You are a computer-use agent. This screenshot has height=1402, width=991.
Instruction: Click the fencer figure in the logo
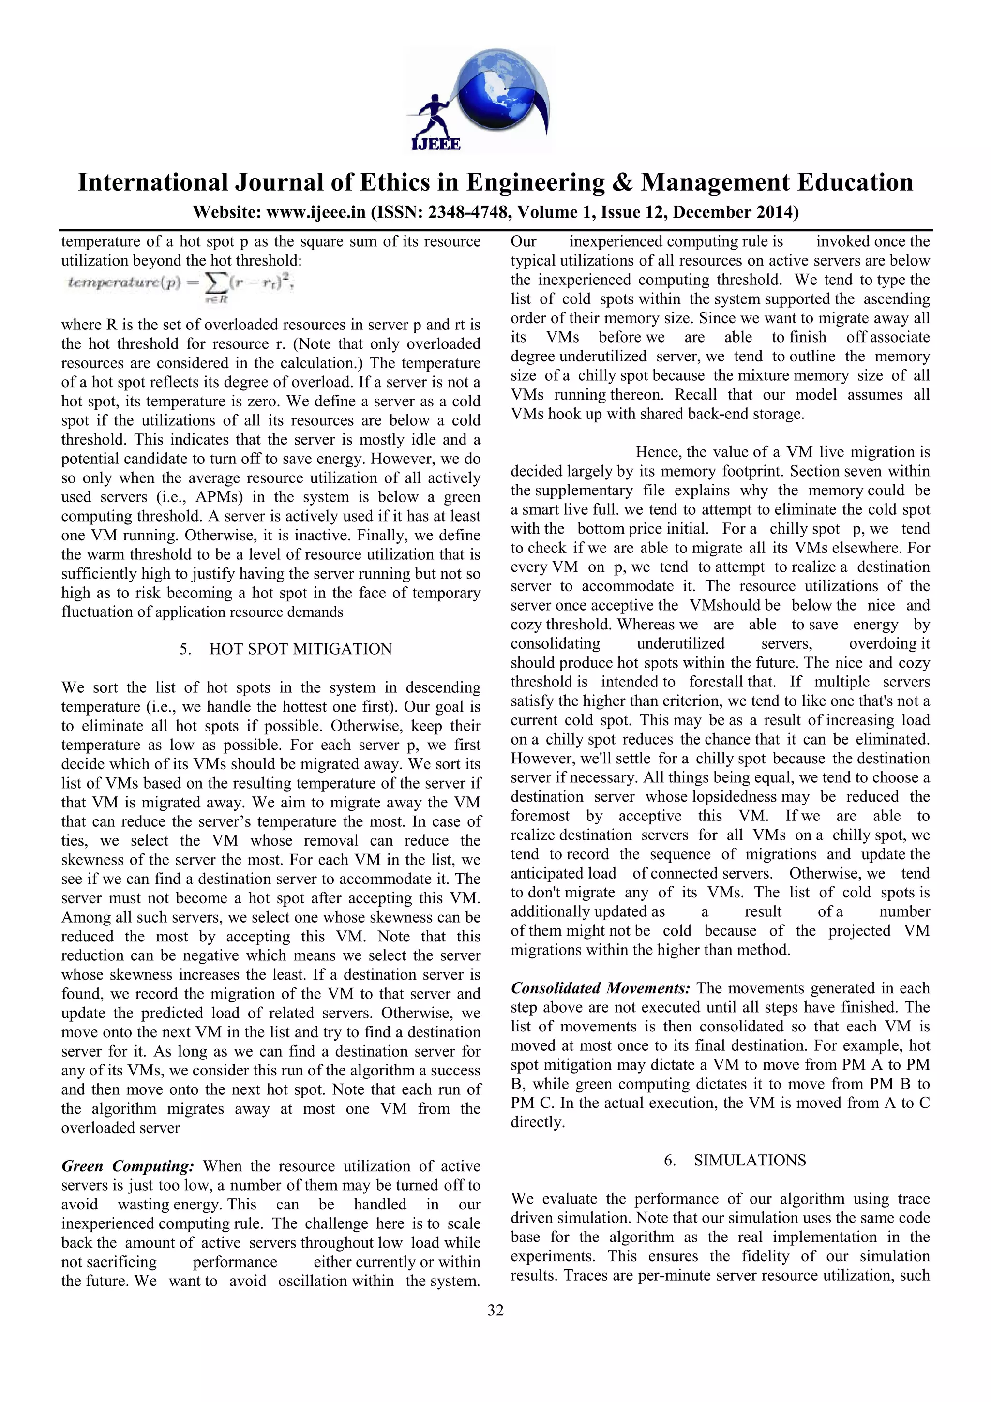click(432, 116)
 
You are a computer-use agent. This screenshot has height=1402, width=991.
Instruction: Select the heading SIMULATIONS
click(750, 1160)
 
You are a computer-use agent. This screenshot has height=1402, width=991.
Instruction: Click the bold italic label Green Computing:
click(128, 1166)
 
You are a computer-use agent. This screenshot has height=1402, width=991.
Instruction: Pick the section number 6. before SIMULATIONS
click(670, 1160)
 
